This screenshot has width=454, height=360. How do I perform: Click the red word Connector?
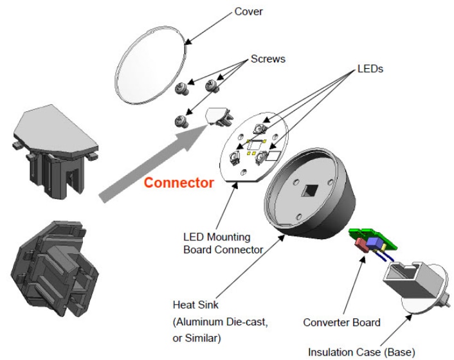point(179,183)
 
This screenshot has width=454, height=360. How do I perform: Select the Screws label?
point(267,59)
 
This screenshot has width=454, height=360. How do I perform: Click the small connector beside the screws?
point(218,118)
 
